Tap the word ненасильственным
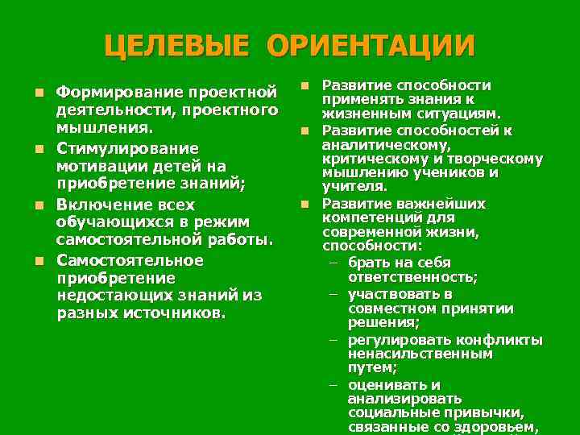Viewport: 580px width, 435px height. [419, 354]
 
